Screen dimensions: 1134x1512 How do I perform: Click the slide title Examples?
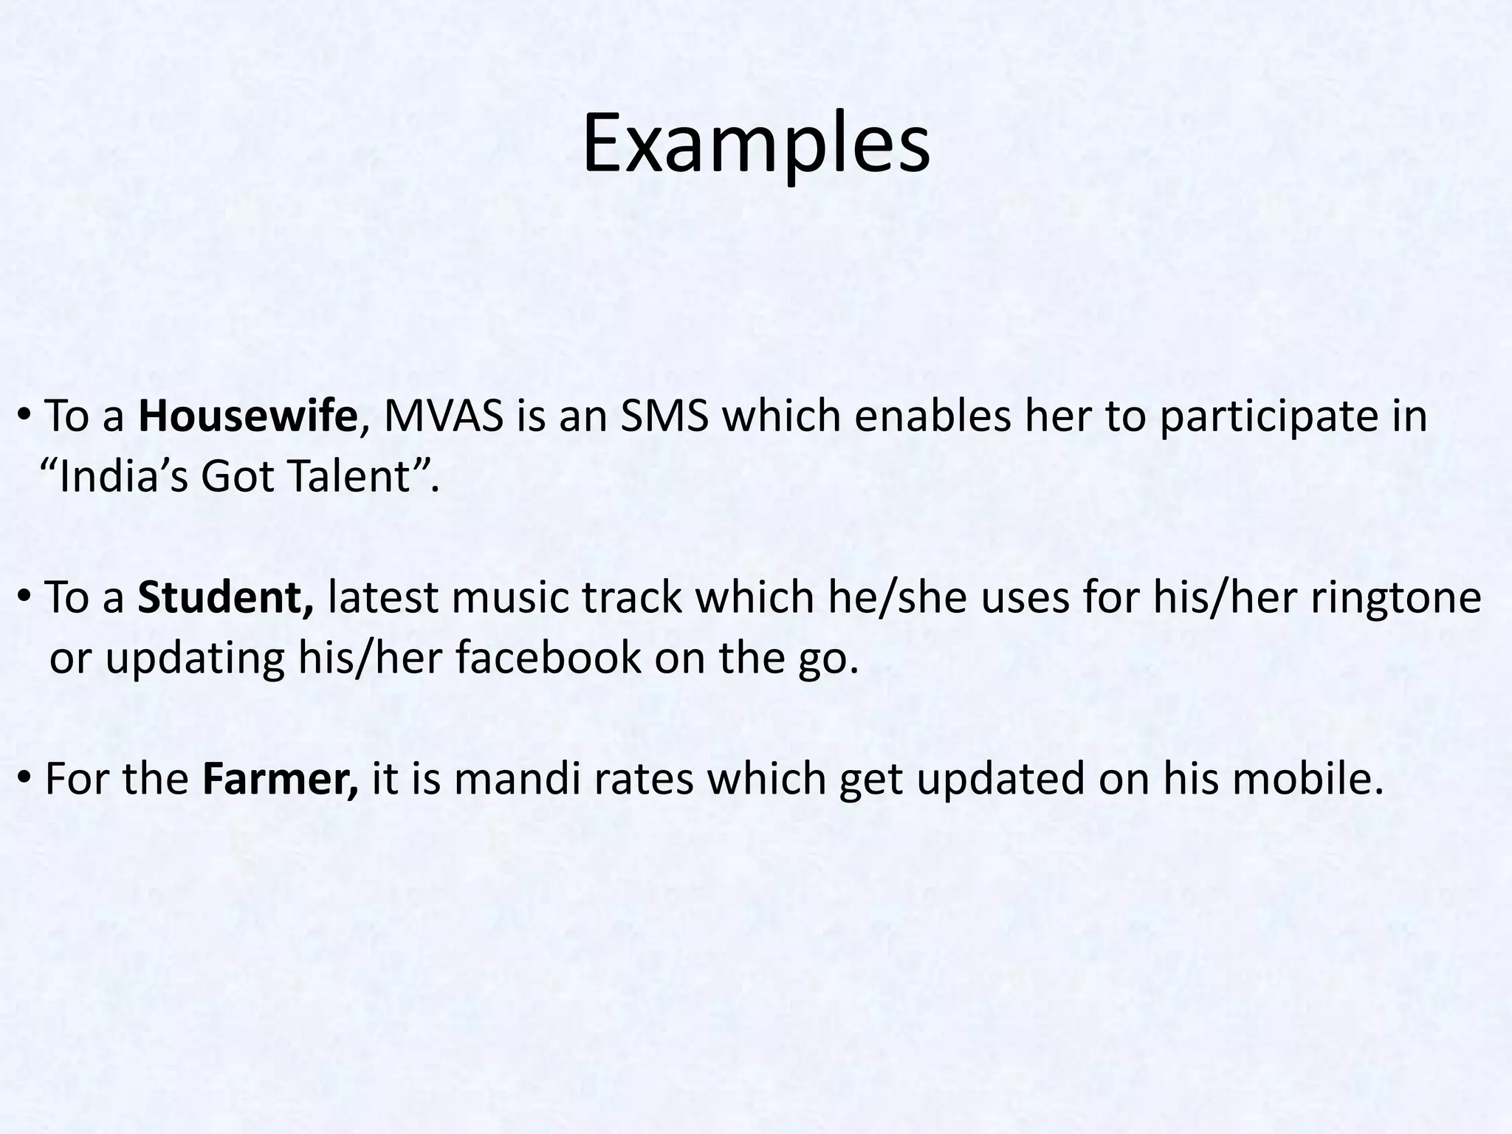coord(755,145)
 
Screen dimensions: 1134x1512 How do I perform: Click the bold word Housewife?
coord(247,416)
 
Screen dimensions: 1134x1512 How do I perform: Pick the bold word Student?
coord(225,597)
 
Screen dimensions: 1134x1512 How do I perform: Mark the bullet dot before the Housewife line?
coord(24,418)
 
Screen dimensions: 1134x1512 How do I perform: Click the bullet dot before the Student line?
coord(24,598)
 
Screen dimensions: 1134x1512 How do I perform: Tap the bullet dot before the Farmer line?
coord(24,779)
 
